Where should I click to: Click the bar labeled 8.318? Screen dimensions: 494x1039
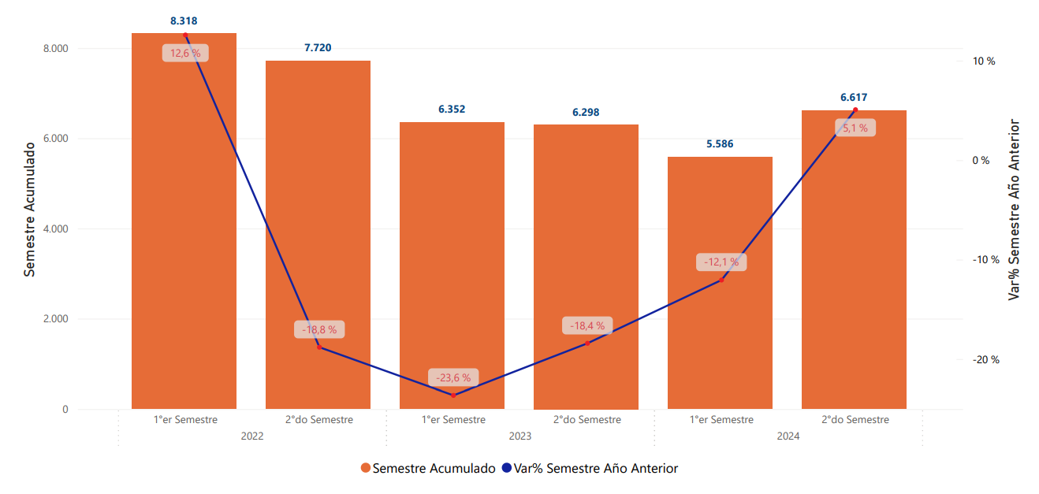(184, 221)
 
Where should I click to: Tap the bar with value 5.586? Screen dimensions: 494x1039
(720, 283)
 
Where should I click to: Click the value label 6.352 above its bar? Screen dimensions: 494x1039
(452, 110)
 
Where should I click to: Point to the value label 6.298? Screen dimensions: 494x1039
(586, 112)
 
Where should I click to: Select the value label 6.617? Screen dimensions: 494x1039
(854, 98)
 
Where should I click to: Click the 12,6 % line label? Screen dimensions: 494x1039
(185, 54)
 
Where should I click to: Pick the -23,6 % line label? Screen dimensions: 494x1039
(453, 377)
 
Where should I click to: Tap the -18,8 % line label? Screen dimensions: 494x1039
(319, 329)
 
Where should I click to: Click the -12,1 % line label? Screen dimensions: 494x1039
(721, 262)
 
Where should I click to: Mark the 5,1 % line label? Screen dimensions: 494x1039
(855, 128)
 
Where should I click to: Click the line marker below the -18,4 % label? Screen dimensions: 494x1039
(587, 343)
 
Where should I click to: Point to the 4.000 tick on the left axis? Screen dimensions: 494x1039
(54, 229)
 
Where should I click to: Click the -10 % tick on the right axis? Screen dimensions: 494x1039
(985, 260)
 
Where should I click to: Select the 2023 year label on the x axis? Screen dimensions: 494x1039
(519, 436)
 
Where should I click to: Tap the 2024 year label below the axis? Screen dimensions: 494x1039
(788, 436)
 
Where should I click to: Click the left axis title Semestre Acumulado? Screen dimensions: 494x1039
(30, 210)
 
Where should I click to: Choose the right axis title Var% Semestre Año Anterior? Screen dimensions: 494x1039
(1015, 210)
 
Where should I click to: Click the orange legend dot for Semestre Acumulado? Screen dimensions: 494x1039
(365, 469)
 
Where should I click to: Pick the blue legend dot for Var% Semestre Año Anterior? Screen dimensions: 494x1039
(506, 469)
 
